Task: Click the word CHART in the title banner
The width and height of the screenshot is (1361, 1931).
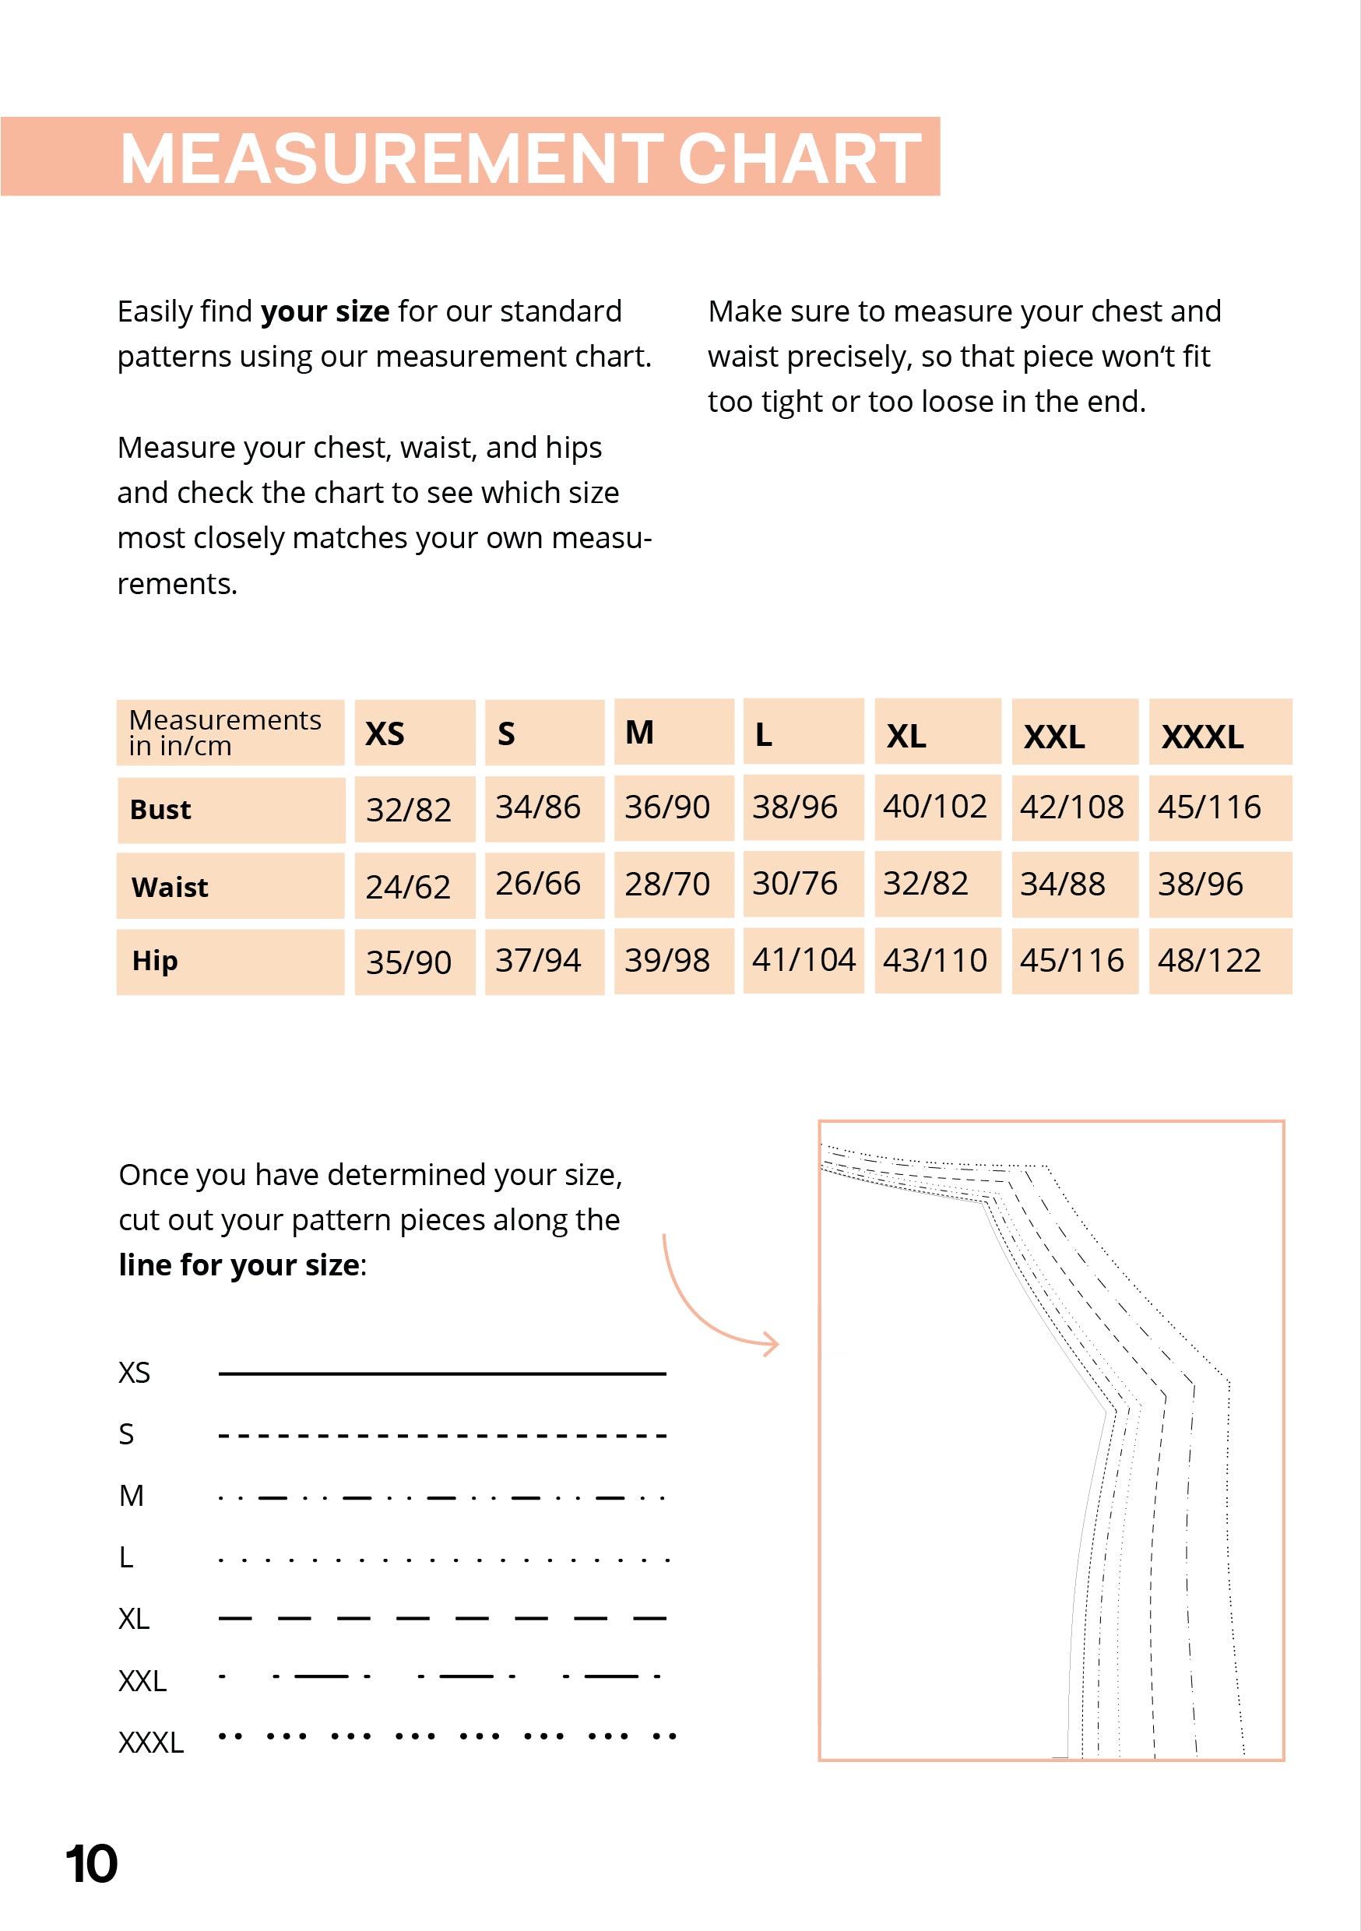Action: (x=798, y=158)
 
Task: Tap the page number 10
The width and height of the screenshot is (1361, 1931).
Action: (x=92, y=1864)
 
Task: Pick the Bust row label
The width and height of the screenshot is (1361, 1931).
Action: (x=160, y=809)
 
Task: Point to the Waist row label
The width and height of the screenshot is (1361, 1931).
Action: (x=170, y=886)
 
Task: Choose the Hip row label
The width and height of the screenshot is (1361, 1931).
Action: (x=155, y=961)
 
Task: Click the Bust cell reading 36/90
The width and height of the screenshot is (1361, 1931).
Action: (x=667, y=807)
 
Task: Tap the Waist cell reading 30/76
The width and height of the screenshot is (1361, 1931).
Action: (x=795, y=883)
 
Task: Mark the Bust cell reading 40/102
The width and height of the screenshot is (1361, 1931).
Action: (x=934, y=807)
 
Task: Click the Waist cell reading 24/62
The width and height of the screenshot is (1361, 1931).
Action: (x=408, y=886)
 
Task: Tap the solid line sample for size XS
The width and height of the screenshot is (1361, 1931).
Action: (x=441, y=1374)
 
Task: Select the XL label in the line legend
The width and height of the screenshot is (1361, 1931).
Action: (x=134, y=1619)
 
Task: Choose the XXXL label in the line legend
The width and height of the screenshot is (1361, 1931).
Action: (x=150, y=1743)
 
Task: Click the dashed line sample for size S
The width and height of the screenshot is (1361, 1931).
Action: (x=441, y=1435)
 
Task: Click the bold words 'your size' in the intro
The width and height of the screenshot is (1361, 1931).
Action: (x=325, y=311)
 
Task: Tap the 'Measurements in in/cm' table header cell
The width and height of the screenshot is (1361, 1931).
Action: (x=226, y=733)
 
